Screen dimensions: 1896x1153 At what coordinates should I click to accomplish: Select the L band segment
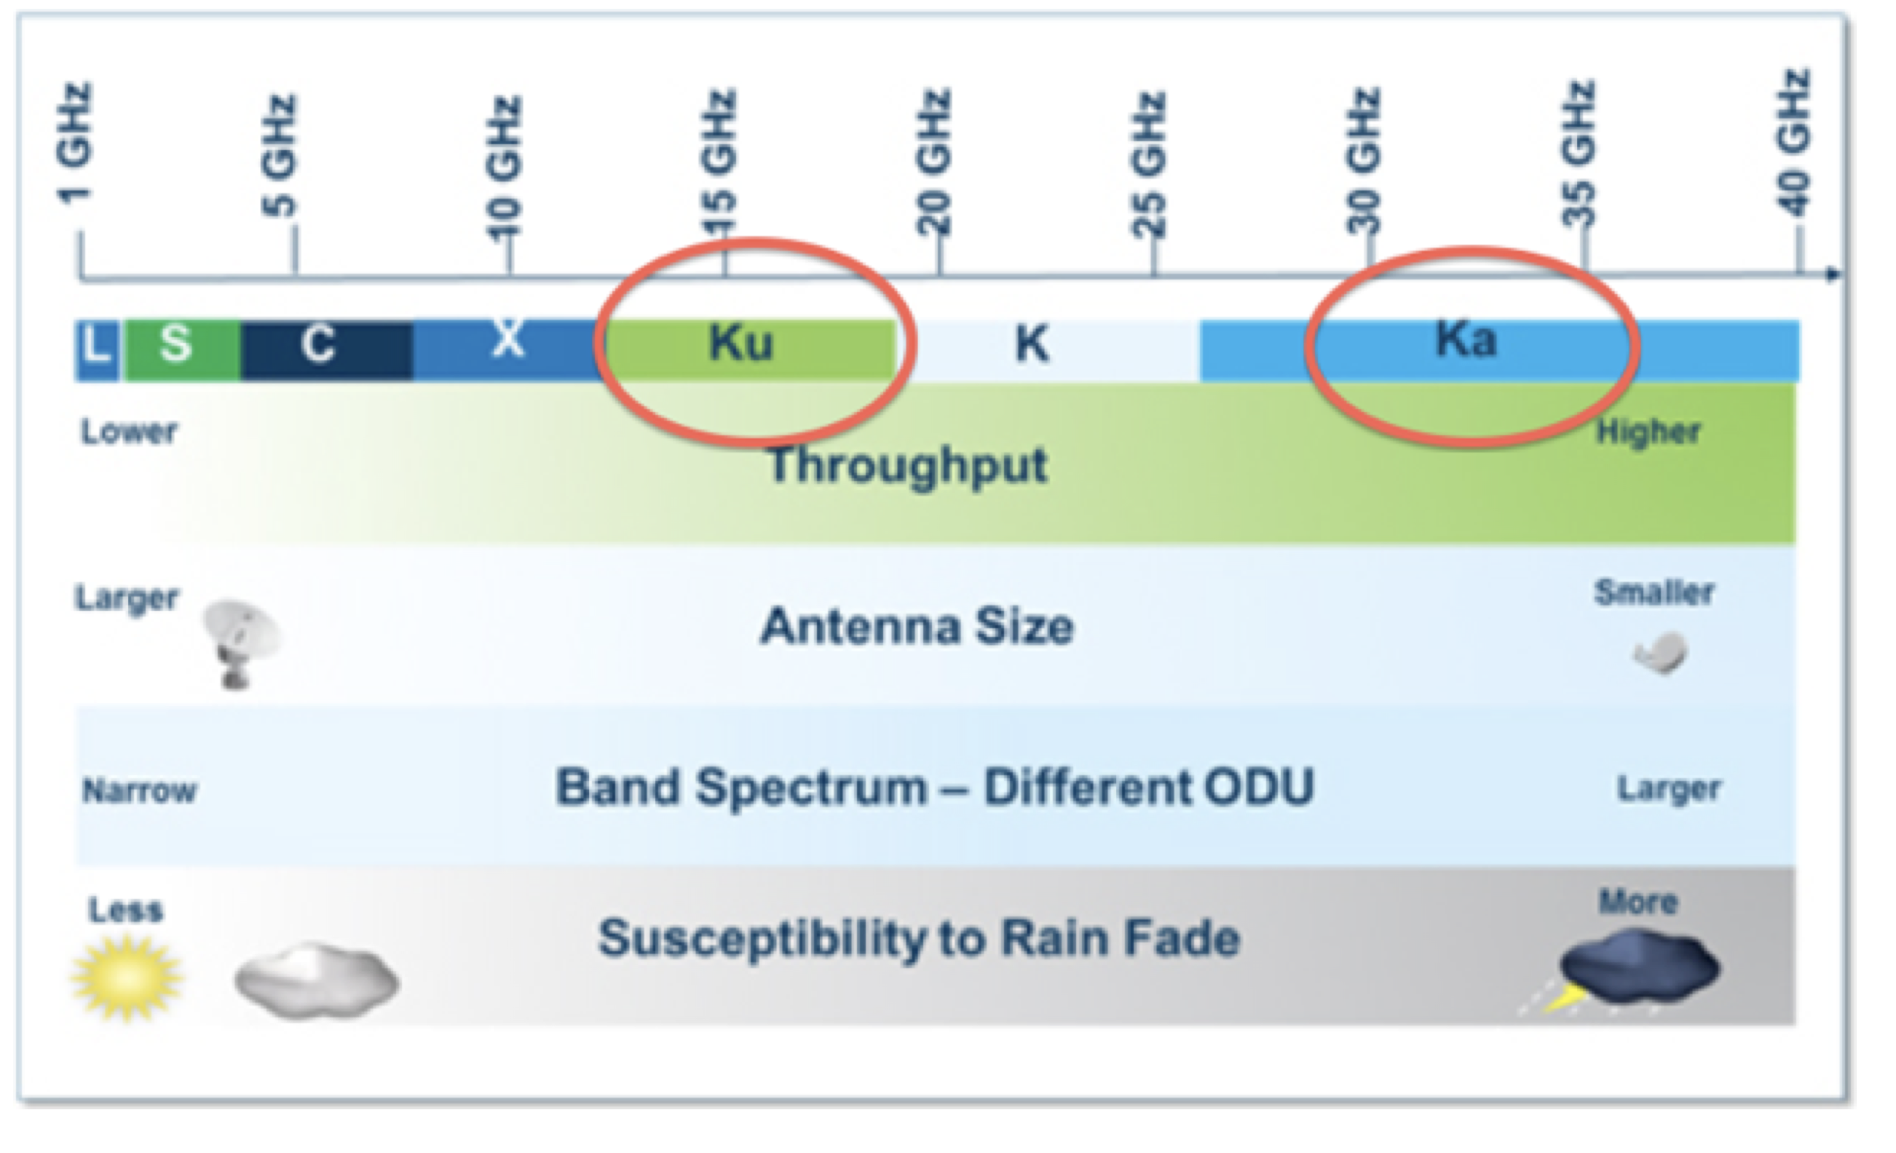pos(97,351)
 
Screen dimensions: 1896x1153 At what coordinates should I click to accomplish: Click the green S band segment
pos(181,351)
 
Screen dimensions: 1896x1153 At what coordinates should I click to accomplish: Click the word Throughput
pos(908,466)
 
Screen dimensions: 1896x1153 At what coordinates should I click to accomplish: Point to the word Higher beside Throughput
pos(1648,432)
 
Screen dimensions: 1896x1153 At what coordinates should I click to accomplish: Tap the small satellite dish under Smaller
pos(1661,654)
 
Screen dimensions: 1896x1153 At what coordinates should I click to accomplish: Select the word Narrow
pos(139,791)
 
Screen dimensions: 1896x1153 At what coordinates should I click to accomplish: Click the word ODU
pos(1259,786)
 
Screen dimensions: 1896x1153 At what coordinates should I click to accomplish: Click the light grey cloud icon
pos(317,981)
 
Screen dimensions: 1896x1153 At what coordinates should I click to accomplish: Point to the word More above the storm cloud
pos(1638,901)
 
